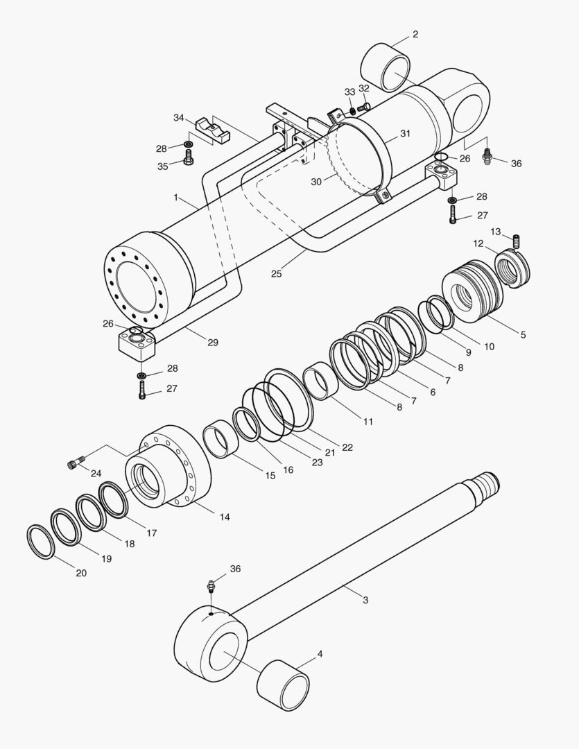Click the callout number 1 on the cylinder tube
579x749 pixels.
click(x=176, y=198)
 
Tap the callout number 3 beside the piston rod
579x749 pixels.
click(x=365, y=600)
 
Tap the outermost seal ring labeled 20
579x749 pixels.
click(x=40, y=542)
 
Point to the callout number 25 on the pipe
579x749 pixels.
click(x=277, y=274)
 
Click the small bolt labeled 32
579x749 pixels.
click(x=361, y=106)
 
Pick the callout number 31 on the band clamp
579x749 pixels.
click(x=405, y=133)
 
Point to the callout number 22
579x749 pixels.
click(x=347, y=447)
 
